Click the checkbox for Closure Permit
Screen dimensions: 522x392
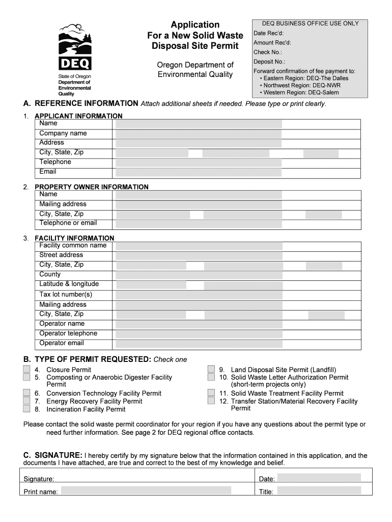(x=26, y=370)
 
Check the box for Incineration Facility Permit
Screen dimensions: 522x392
(x=26, y=409)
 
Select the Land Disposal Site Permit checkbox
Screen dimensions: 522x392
(x=211, y=370)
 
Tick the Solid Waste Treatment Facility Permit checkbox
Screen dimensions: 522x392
(x=211, y=393)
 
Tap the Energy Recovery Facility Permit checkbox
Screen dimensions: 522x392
(x=26, y=401)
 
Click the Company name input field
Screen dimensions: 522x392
(x=199, y=134)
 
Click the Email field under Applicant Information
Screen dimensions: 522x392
(x=199, y=172)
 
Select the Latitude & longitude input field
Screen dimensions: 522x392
(x=199, y=284)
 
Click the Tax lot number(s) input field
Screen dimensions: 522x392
(x=199, y=295)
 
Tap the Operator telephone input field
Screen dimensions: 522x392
(x=199, y=334)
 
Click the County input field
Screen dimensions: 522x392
(x=199, y=275)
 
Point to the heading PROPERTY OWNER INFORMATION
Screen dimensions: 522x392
(x=92, y=187)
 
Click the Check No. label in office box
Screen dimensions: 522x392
(x=268, y=52)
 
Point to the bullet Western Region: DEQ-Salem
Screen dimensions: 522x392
(x=299, y=93)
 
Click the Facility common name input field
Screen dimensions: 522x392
(x=199, y=246)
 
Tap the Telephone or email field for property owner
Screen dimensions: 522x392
(x=199, y=223)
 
